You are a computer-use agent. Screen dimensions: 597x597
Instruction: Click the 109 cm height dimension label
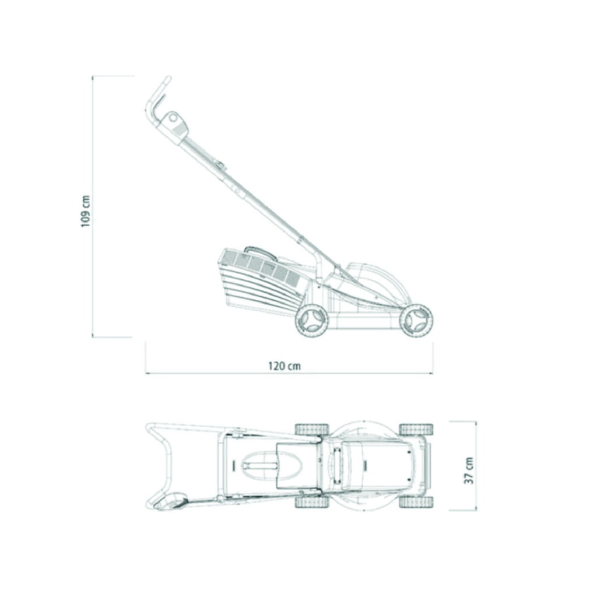(86, 211)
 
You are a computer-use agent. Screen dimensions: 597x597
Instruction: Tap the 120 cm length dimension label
(285, 366)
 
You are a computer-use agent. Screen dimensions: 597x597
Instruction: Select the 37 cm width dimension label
(469, 470)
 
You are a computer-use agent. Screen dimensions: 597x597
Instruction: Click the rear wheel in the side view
(312, 321)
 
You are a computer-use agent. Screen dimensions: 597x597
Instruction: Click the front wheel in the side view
(416, 321)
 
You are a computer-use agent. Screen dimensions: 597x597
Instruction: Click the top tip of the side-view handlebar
(168, 78)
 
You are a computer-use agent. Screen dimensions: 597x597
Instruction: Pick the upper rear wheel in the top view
(312, 429)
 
